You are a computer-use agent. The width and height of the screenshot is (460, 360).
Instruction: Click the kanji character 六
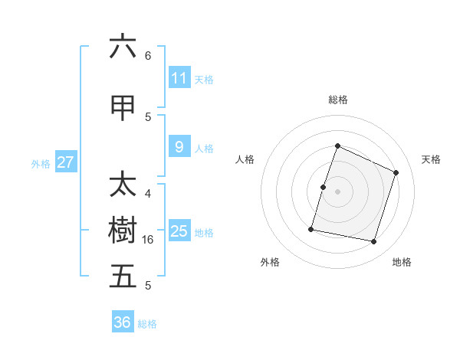(x=123, y=47)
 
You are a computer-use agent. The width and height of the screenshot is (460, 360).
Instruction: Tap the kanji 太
(x=123, y=185)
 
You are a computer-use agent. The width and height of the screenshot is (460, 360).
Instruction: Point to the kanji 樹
(x=123, y=231)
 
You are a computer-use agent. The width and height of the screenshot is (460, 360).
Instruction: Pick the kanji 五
(x=123, y=277)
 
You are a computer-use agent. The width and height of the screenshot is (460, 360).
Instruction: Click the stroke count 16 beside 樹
(x=149, y=240)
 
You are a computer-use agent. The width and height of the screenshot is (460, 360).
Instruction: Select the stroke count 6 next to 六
(x=148, y=56)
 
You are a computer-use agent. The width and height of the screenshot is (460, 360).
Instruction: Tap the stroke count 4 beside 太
(x=148, y=194)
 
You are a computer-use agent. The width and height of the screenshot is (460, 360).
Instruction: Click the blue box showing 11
(x=179, y=78)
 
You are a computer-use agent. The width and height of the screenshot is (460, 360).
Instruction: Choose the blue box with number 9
(x=179, y=147)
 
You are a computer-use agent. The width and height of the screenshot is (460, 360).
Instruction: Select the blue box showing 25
(x=179, y=231)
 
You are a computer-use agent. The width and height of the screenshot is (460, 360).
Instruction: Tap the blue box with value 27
(x=65, y=162)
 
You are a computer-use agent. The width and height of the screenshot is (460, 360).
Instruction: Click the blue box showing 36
(x=123, y=322)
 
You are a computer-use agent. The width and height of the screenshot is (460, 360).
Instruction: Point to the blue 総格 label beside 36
(x=147, y=324)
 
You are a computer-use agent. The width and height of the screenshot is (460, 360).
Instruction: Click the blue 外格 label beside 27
(x=41, y=163)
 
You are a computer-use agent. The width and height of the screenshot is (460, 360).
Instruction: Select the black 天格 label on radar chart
(x=431, y=159)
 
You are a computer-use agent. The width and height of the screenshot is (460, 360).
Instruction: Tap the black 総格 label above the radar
(x=337, y=100)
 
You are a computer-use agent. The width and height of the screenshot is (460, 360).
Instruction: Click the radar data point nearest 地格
(x=373, y=242)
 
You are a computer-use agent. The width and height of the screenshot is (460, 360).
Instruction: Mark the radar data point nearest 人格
(x=324, y=187)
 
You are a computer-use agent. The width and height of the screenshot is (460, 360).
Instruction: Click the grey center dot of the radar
(x=337, y=191)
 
